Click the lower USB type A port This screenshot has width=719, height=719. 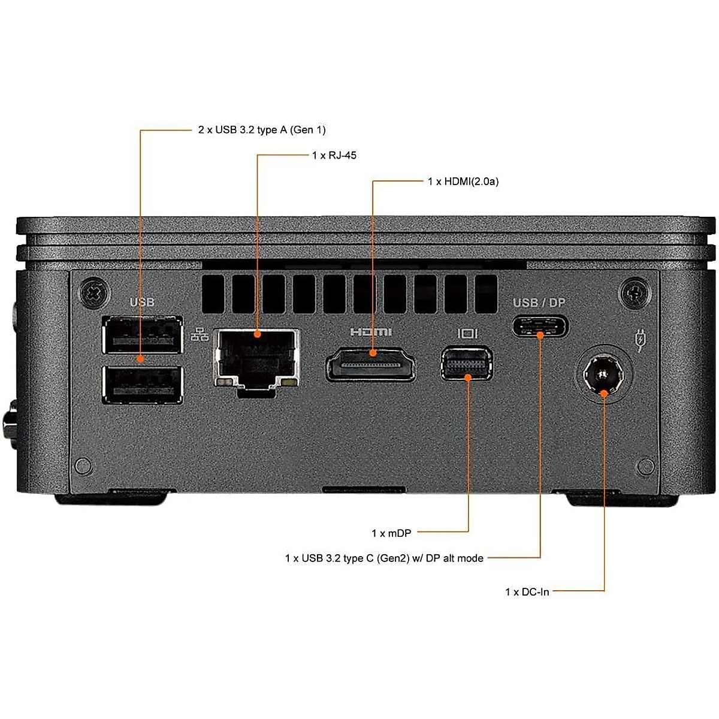143,385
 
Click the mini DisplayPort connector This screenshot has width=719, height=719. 467,362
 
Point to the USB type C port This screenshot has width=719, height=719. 540,327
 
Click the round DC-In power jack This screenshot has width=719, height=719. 603,376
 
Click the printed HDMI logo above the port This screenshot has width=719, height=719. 371,331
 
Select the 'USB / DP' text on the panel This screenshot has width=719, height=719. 539,303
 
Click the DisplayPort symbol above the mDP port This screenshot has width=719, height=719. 467,332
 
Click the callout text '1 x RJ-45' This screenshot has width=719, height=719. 334,155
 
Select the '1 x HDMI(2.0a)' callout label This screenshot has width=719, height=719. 463,181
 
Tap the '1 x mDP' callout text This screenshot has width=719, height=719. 391,533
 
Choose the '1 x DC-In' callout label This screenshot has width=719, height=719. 527,592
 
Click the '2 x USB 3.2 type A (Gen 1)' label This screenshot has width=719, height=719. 262,129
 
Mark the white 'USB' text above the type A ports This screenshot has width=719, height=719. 142,302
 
